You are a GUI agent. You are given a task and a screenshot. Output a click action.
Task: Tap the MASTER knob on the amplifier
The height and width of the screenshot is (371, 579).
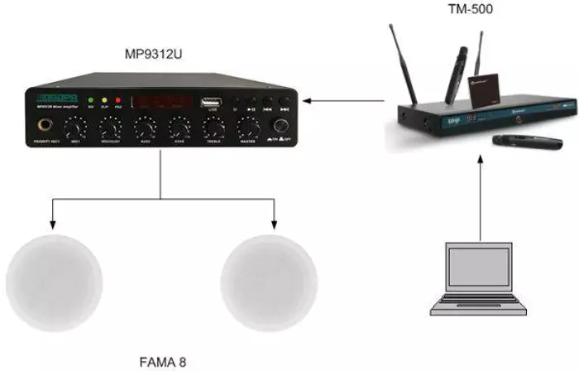point(246,128)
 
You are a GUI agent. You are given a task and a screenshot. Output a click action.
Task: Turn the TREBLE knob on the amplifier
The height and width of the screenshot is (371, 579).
point(213,128)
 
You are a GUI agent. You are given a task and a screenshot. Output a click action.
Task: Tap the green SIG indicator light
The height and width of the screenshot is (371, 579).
point(90,100)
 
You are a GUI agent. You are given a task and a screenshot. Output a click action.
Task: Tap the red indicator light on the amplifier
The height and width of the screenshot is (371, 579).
point(117,100)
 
